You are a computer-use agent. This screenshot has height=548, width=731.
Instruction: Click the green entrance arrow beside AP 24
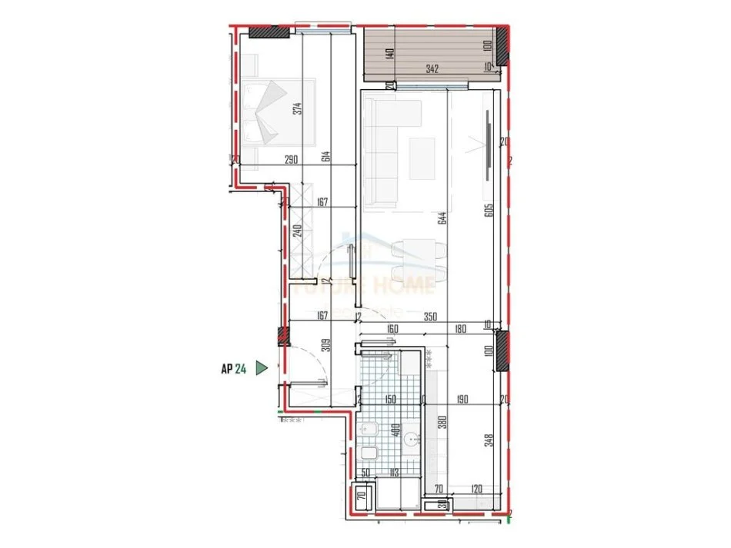pyautogui.click(x=262, y=369)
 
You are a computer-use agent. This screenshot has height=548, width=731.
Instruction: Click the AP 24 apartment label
pyautogui.click(x=233, y=369)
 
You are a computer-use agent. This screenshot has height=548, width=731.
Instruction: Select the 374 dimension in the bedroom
pyautogui.click(x=298, y=108)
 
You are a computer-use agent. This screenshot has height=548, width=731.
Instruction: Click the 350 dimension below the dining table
pyautogui.click(x=431, y=315)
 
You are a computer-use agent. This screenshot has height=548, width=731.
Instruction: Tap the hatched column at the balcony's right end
pyautogui.click(x=502, y=46)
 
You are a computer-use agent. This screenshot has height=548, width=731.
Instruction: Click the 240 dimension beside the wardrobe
pyautogui.click(x=298, y=232)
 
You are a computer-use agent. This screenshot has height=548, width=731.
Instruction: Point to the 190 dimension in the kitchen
pyautogui.click(x=462, y=399)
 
